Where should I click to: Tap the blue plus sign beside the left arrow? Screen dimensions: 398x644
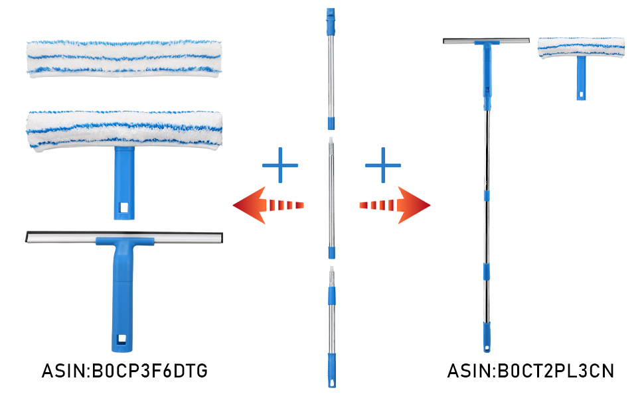[x=280, y=165]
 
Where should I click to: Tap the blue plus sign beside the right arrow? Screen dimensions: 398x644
[x=383, y=165]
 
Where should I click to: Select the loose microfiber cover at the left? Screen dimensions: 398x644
[x=123, y=58]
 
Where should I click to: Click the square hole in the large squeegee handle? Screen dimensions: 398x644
[x=123, y=340]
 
